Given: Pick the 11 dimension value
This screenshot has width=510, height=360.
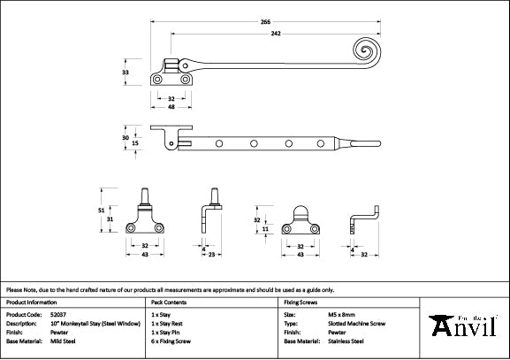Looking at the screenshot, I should pyautogui.click(x=266, y=229).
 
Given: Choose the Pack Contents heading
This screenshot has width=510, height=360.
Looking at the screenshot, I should pyautogui.click(x=169, y=302).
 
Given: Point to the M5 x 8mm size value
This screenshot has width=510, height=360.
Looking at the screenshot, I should pyautogui.click(x=341, y=314).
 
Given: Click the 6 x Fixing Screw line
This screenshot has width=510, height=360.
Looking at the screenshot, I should pyautogui.click(x=172, y=341).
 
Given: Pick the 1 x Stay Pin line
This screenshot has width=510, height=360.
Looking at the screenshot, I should pyautogui.click(x=166, y=332).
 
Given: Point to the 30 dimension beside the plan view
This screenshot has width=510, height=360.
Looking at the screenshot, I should pyautogui.click(x=125, y=137).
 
